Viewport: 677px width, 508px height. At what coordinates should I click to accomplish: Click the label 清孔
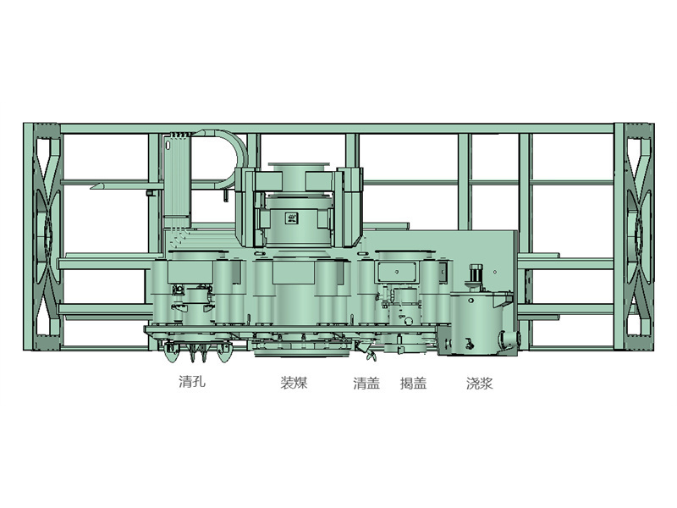pyautogui.click(x=192, y=382)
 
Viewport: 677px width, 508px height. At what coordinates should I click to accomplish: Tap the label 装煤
pyautogui.click(x=294, y=383)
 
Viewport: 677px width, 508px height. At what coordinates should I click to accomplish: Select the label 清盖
pyautogui.click(x=366, y=384)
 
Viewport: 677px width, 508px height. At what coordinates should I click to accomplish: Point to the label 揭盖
pyautogui.click(x=413, y=384)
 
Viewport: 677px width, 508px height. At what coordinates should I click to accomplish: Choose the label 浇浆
pyautogui.click(x=479, y=384)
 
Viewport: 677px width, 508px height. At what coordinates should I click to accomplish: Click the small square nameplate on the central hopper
pyautogui.click(x=291, y=218)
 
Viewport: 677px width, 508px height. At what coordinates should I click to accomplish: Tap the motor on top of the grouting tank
pyautogui.click(x=476, y=278)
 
